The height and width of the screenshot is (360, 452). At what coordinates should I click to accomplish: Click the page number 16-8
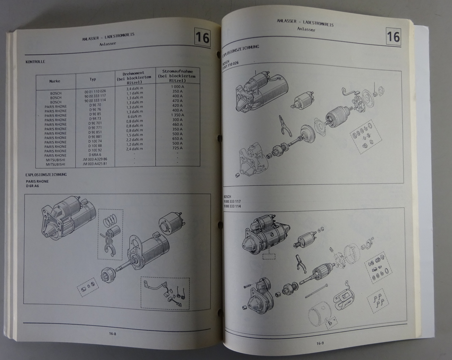tap(112, 333)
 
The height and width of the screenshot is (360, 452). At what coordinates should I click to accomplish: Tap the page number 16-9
tap(320, 343)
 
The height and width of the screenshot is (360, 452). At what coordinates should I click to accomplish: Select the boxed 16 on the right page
tap(393, 37)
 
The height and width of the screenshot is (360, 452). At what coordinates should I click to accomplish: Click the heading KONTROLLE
tap(35, 62)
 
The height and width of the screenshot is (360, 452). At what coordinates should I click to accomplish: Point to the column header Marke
tap(55, 81)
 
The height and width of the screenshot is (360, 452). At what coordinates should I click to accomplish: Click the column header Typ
tap(93, 79)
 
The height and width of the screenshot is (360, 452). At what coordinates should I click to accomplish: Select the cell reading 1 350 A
tap(177, 115)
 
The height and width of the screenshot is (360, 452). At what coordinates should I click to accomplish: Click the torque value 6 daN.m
tap(134, 116)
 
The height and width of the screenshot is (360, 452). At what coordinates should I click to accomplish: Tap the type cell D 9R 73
tap(95, 118)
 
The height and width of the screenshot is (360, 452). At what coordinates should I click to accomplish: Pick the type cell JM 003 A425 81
tap(95, 164)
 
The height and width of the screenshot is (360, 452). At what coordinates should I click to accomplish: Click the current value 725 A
tap(177, 148)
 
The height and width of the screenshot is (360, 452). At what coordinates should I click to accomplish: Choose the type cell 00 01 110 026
tap(95, 92)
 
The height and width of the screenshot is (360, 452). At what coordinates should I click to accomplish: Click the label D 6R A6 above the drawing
tap(32, 186)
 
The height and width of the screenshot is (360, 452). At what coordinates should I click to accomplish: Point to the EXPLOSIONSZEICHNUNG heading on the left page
tap(46, 175)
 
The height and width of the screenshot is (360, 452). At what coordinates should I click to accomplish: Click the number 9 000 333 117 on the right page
tap(232, 201)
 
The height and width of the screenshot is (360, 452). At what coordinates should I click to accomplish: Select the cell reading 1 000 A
tap(178, 86)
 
